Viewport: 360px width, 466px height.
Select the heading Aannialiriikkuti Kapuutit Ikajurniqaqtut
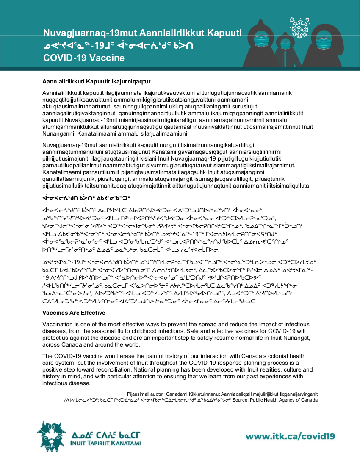coord(97,81)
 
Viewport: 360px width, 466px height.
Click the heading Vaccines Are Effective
coord(74,313)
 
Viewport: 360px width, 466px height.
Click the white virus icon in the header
coord(300,28)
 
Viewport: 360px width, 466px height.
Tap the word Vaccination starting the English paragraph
coord(58,324)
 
